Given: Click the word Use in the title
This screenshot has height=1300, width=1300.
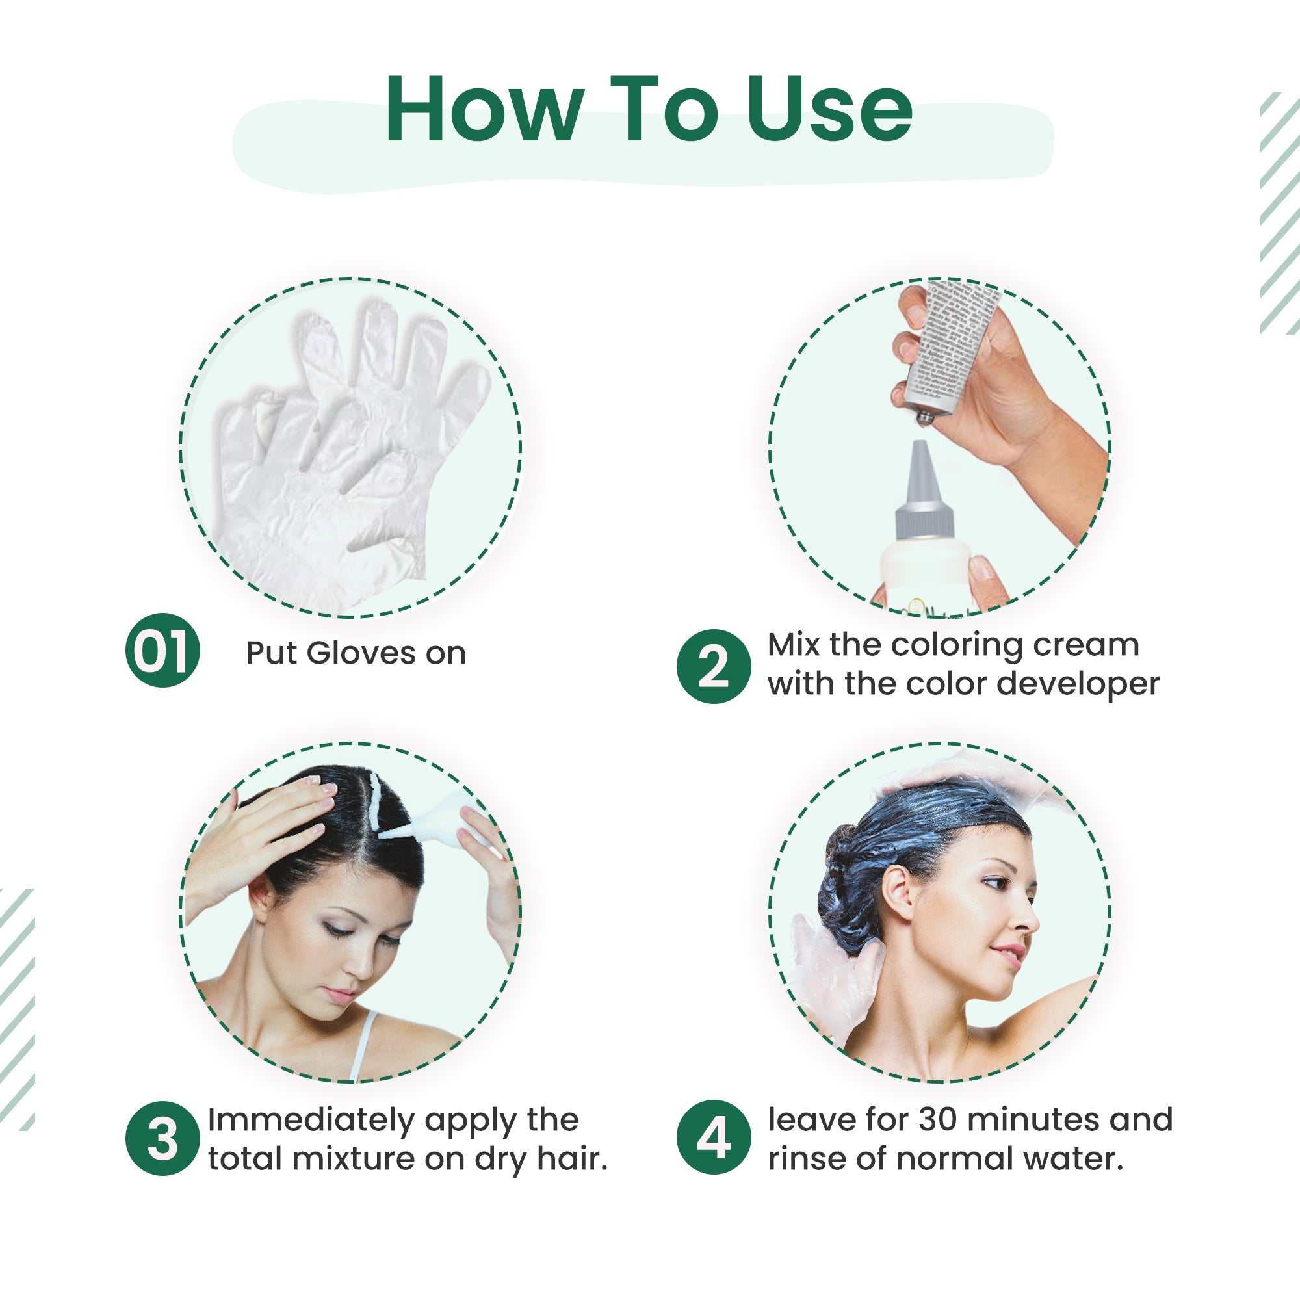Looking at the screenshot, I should [x=829, y=110].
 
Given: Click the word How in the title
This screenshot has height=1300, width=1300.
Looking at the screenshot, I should [x=484, y=110].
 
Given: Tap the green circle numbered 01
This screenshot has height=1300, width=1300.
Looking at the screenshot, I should [x=162, y=651].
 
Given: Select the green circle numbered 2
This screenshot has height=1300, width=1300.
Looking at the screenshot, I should [x=713, y=666].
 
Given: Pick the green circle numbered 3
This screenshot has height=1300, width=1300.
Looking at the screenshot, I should [x=162, y=1139].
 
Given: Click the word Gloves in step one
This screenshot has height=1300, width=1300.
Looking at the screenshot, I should [x=361, y=653].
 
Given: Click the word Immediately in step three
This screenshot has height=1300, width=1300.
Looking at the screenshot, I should [x=311, y=1121].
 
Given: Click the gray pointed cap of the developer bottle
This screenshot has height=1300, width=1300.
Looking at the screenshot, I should [x=924, y=491].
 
